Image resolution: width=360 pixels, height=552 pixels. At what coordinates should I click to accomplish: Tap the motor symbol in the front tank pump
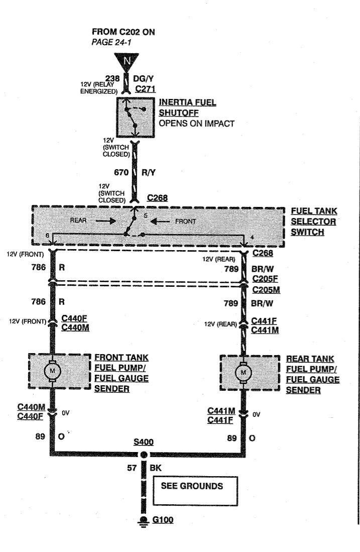(52, 371)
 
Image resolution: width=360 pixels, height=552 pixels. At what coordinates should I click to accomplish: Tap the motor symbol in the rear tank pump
(244, 372)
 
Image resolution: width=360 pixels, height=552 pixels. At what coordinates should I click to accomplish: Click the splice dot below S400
(144, 455)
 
